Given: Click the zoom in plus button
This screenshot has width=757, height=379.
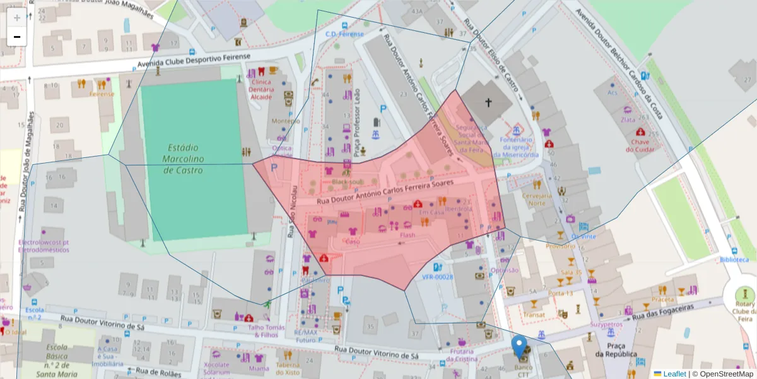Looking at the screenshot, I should (x=17, y=18).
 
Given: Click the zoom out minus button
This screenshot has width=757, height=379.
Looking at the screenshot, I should (x=17, y=37).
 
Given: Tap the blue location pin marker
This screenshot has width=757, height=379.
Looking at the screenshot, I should (x=519, y=346).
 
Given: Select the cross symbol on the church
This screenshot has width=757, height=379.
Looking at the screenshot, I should (x=488, y=102).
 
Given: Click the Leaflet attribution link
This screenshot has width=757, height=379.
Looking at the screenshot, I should (x=674, y=374).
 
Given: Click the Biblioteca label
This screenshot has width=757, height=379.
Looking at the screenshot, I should (x=734, y=260).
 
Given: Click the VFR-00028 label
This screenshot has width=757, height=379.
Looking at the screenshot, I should (x=438, y=277).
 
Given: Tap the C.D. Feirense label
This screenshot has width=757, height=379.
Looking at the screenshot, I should (x=341, y=33).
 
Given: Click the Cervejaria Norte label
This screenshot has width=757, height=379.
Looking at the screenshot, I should (x=537, y=199).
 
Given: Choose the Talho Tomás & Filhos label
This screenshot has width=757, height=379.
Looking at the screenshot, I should (x=266, y=331).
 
